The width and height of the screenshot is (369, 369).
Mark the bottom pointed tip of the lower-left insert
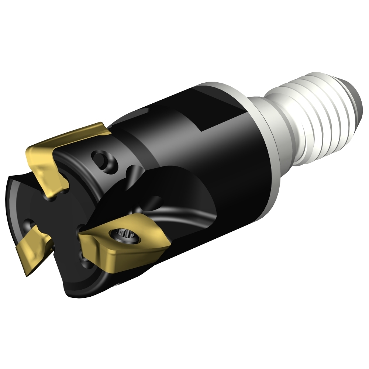(x=27, y=274)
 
